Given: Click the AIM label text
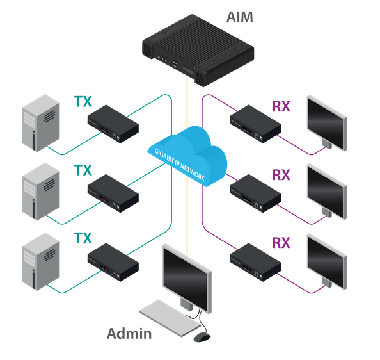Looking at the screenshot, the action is (x=239, y=17).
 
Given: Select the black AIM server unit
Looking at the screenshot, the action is (x=198, y=50).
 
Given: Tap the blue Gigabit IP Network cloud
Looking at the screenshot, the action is (x=187, y=156).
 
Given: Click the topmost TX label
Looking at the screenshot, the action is (x=83, y=102).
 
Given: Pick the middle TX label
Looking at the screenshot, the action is (x=83, y=170).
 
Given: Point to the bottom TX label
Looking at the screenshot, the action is (x=83, y=238).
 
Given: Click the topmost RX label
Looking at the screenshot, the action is (x=281, y=106).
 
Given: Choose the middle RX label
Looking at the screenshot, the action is (x=281, y=175).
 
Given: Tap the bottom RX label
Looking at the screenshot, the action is (x=281, y=243).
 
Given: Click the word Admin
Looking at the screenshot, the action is (x=129, y=334).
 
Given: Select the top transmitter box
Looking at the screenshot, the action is (x=113, y=124).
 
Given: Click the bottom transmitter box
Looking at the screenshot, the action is (x=113, y=262).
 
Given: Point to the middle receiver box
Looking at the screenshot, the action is (x=256, y=193).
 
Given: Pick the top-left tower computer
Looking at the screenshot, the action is (x=41, y=123).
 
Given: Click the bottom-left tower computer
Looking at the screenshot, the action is (x=41, y=261).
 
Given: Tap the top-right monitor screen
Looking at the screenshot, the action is (x=327, y=123).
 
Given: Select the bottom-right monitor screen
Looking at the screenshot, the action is (x=327, y=262).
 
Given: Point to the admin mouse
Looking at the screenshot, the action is (x=202, y=337).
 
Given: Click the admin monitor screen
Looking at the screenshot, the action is (x=187, y=279).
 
